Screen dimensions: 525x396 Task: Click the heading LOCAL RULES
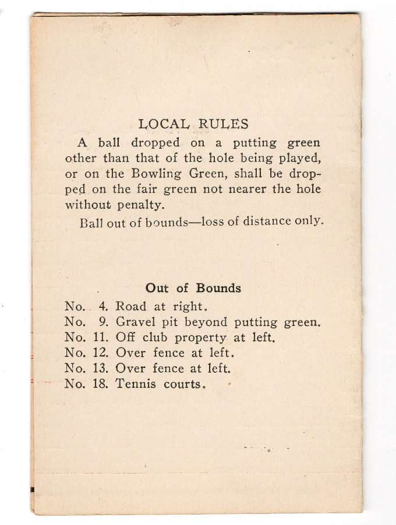[x=193, y=124]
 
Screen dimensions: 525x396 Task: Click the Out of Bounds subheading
[x=193, y=288]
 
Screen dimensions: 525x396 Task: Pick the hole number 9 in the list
[x=104, y=321]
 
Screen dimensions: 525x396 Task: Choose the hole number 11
[x=102, y=337]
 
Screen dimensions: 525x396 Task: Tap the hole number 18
[x=102, y=384]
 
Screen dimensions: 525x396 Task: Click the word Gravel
[x=136, y=321]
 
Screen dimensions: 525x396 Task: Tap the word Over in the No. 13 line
[x=130, y=369]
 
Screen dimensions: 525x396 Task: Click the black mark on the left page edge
[x=33, y=489]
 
